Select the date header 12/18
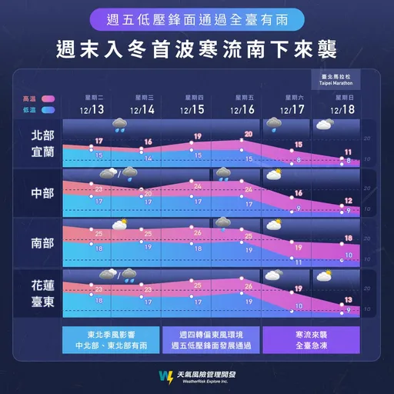click(x=342, y=109)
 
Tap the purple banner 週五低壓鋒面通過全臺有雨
click(x=197, y=18)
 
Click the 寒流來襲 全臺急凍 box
click(x=311, y=341)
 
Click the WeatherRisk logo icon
click(x=165, y=376)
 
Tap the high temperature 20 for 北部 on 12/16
click(x=248, y=134)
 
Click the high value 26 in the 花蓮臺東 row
click(x=248, y=285)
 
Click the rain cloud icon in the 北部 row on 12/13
click(x=121, y=125)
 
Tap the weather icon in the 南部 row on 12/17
click(x=274, y=225)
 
